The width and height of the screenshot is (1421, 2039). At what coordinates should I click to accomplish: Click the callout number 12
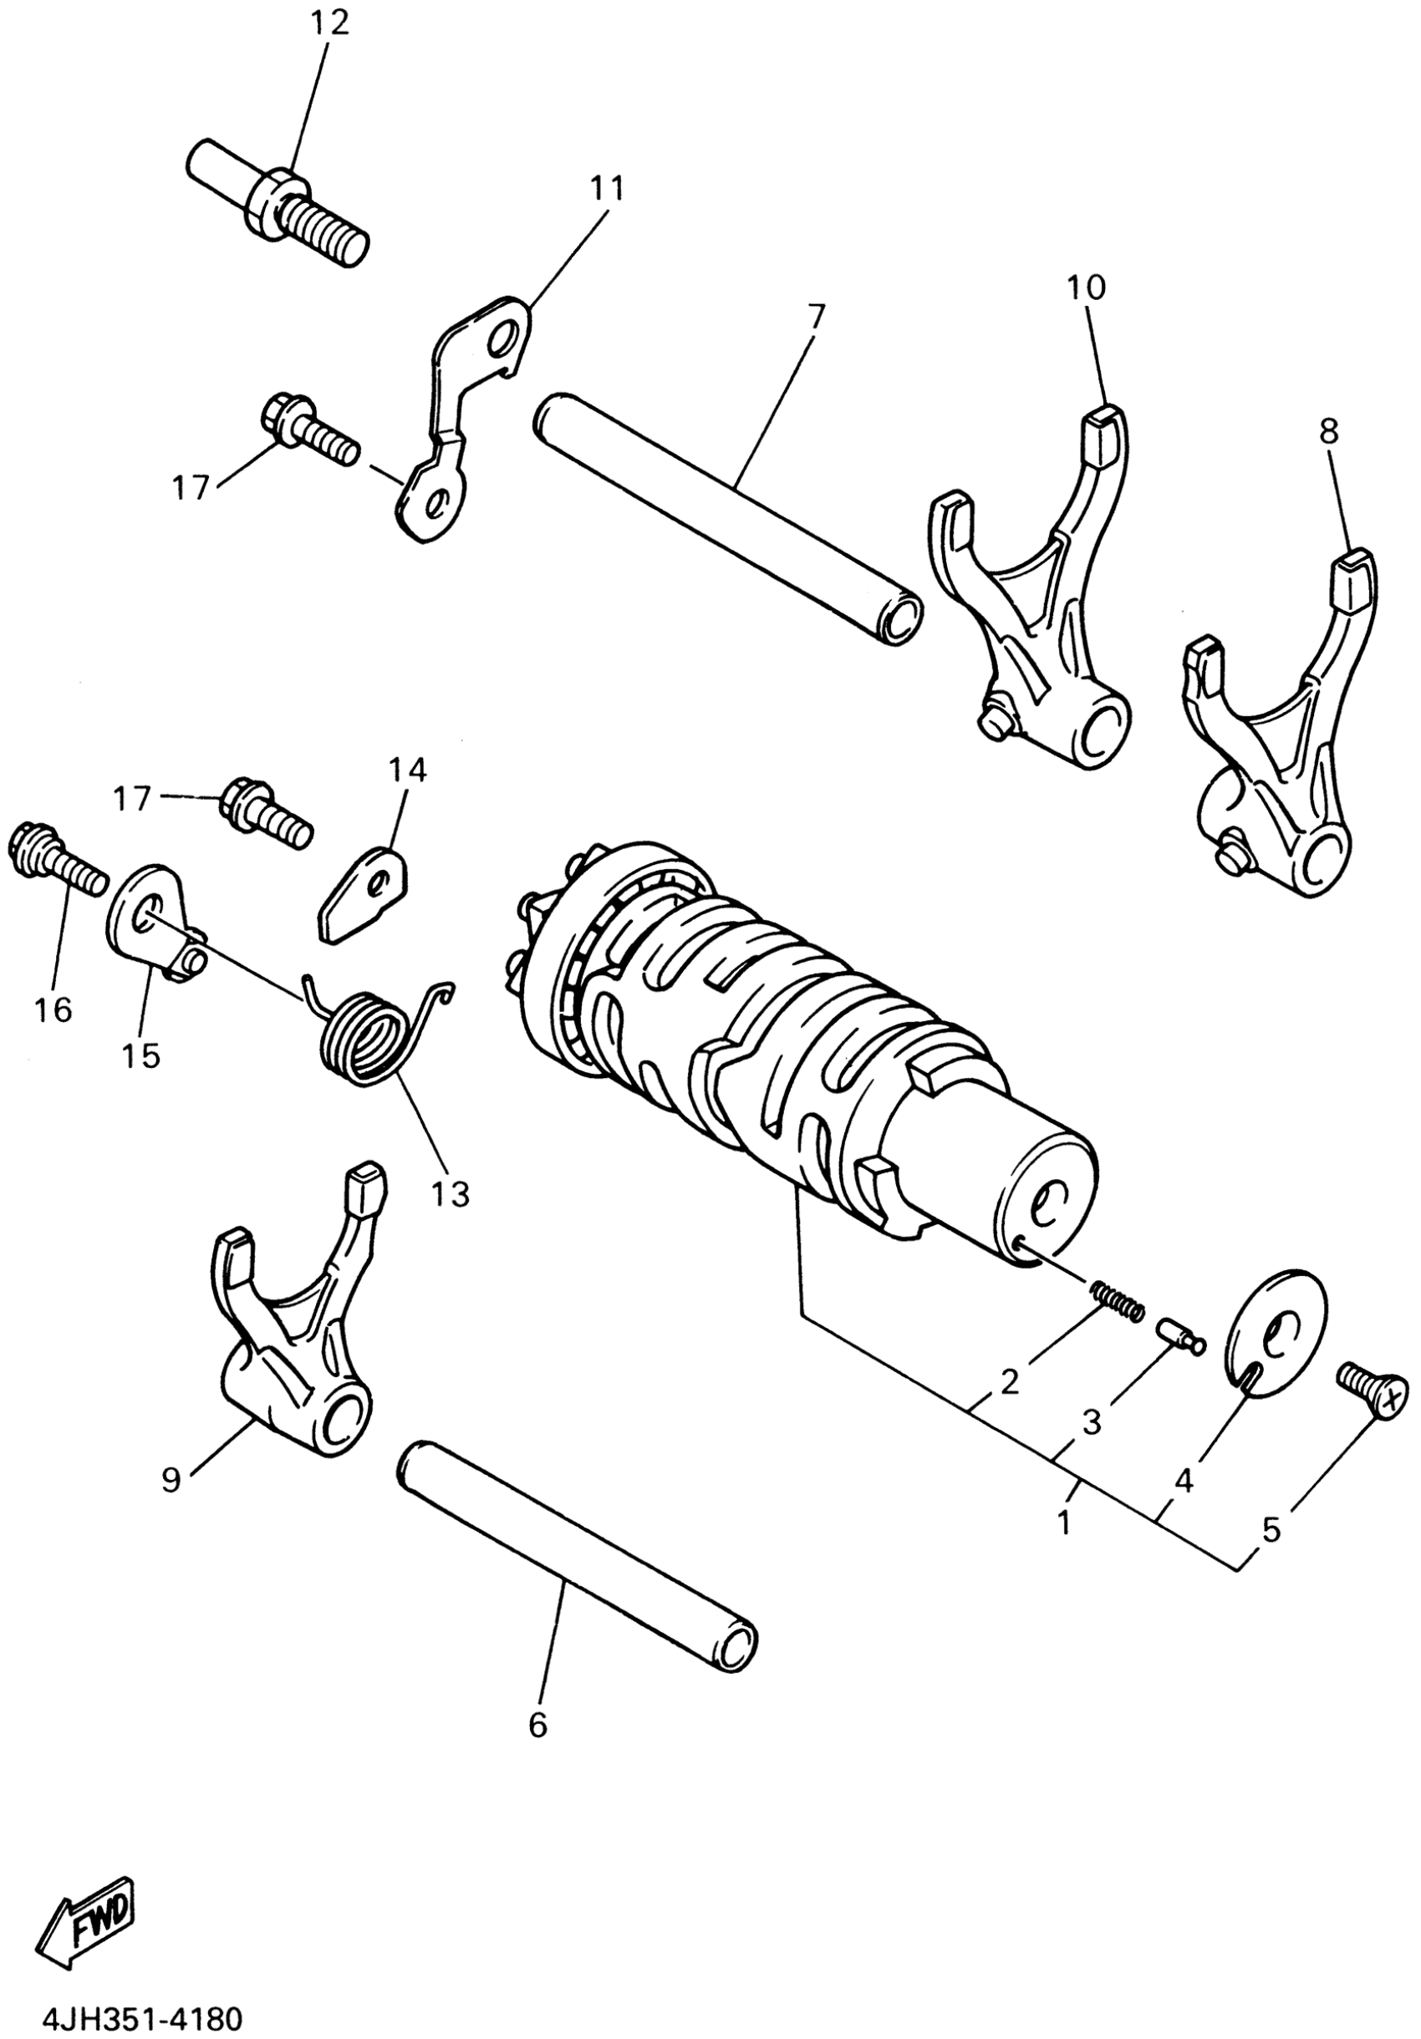[x=329, y=24]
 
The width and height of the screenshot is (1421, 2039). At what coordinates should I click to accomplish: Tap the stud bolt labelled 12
[x=278, y=206]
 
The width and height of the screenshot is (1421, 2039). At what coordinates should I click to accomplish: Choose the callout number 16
[x=54, y=1009]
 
